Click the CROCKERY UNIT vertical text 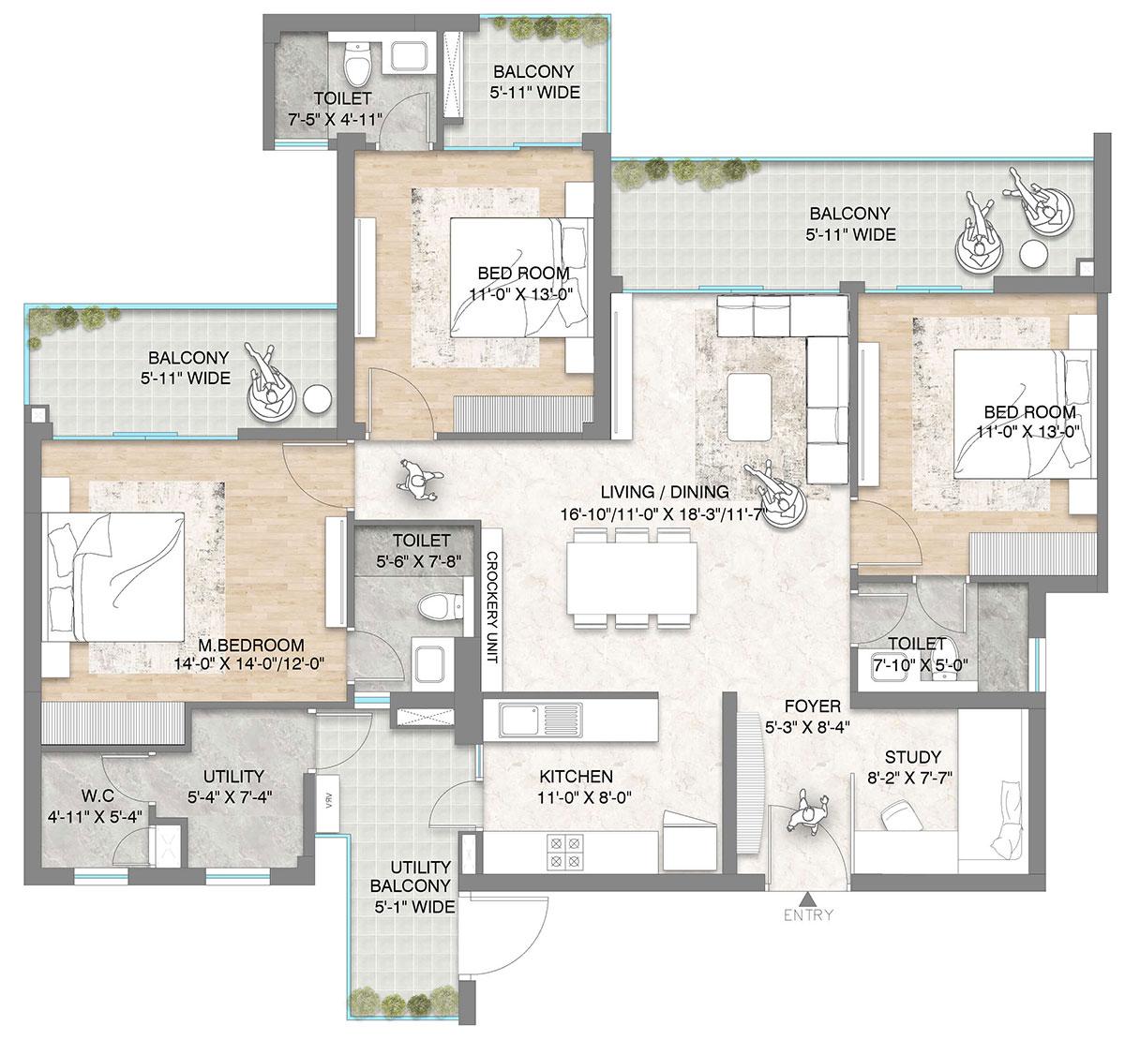pyautogui.click(x=490, y=607)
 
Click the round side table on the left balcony pyautogui.click(x=318, y=399)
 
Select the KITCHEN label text pyautogui.click(x=576, y=777)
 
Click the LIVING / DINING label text pyautogui.click(x=666, y=493)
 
